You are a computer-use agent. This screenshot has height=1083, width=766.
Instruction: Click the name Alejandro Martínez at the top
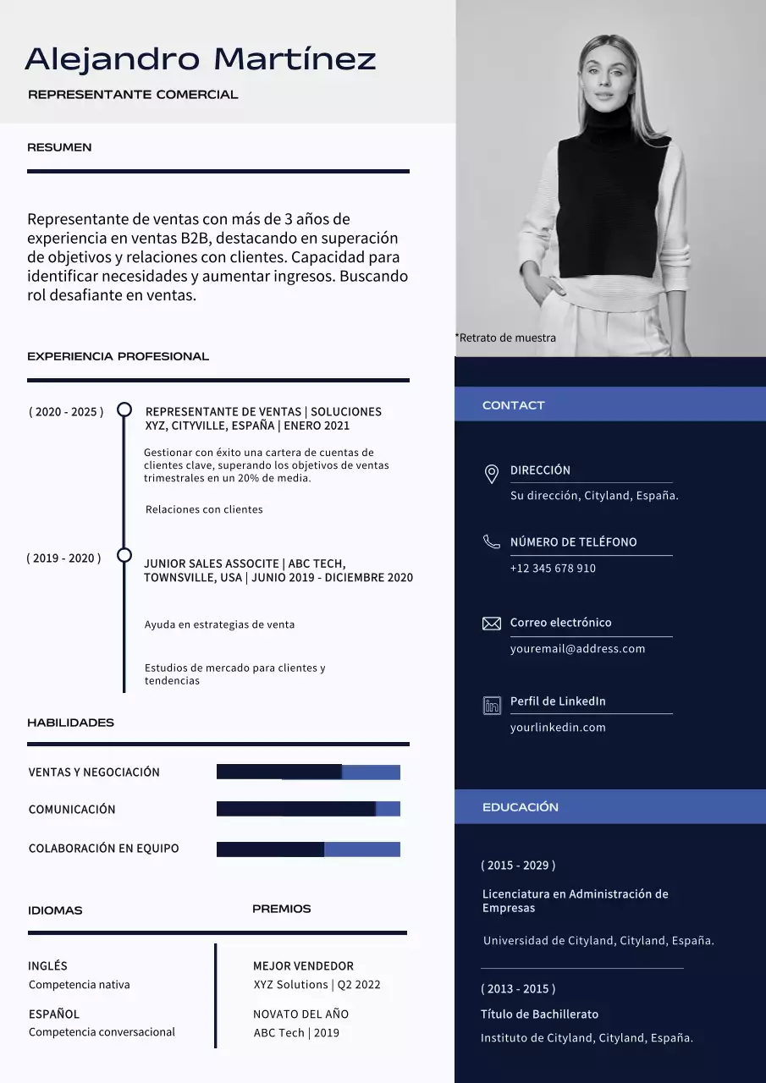[x=201, y=59]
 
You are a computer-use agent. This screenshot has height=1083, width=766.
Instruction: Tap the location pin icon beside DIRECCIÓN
[x=491, y=474]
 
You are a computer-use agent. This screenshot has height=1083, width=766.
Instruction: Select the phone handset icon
[x=491, y=541]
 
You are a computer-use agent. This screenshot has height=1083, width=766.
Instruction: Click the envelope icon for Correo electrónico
[x=491, y=624]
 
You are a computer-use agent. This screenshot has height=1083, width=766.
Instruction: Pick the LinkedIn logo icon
[x=492, y=705]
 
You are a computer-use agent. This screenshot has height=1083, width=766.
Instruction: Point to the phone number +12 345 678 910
[x=553, y=569]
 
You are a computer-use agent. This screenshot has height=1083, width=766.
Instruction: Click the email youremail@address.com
[x=577, y=649]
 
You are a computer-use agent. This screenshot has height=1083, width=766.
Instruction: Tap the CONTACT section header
[x=513, y=405]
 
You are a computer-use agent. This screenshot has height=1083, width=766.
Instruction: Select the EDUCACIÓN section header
[x=520, y=807]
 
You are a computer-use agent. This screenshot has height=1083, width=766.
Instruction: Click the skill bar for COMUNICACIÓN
[x=308, y=809]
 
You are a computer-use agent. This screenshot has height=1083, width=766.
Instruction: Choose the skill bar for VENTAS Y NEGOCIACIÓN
[x=308, y=772]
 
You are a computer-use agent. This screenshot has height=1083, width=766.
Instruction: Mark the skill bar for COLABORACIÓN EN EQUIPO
[x=308, y=849]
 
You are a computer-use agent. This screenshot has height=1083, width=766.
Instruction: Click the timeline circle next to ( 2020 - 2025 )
[x=124, y=410]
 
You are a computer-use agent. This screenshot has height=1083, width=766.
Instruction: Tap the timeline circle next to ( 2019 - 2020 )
[x=124, y=556]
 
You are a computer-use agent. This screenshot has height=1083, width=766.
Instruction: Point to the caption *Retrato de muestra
[x=506, y=338]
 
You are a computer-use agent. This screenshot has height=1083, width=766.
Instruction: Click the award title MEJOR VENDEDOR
[x=303, y=965]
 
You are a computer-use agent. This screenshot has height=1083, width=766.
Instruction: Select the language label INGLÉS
[x=48, y=965]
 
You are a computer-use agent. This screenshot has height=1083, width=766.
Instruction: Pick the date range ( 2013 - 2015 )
[x=518, y=988]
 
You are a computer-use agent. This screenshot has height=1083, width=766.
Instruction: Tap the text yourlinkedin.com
[x=558, y=728]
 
